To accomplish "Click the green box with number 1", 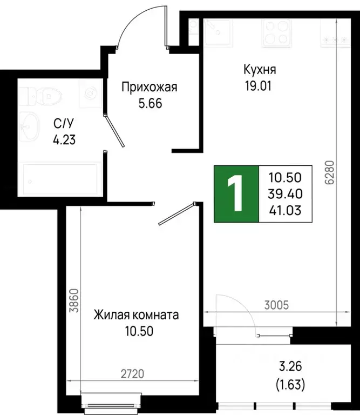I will pos(236,194).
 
